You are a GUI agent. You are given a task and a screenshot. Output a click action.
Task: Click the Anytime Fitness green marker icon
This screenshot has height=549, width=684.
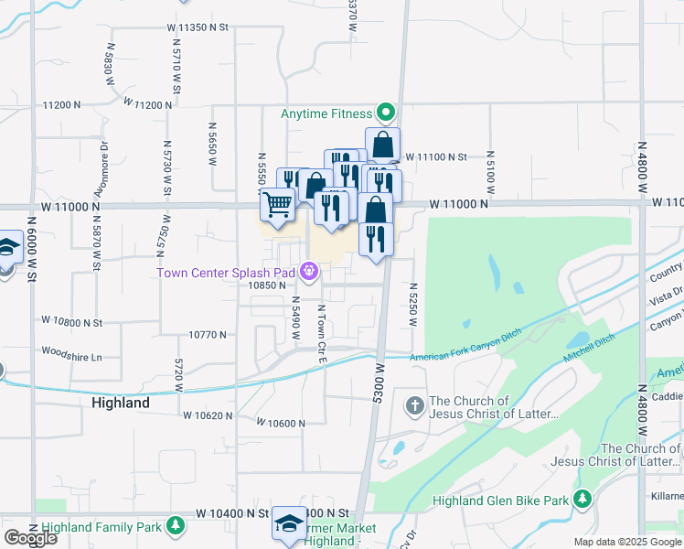tap(386, 113)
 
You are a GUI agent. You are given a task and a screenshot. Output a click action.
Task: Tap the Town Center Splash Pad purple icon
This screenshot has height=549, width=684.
tap(310, 271)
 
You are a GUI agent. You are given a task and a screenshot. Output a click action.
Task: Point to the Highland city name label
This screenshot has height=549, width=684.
tap(121, 403)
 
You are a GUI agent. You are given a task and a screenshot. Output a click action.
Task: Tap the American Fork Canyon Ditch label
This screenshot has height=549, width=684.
tap(465, 347)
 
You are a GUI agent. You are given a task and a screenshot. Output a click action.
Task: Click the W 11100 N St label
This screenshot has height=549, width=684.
tap(436, 157)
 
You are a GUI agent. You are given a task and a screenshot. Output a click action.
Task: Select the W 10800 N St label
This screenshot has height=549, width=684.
tap(72, 321)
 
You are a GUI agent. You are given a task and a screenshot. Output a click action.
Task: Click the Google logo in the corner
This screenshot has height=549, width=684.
tap(30, 538)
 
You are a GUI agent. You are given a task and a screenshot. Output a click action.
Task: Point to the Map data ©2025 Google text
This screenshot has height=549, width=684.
tap(626, 543)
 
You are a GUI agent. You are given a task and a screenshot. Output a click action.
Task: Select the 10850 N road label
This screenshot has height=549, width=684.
tap(269, 285)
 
